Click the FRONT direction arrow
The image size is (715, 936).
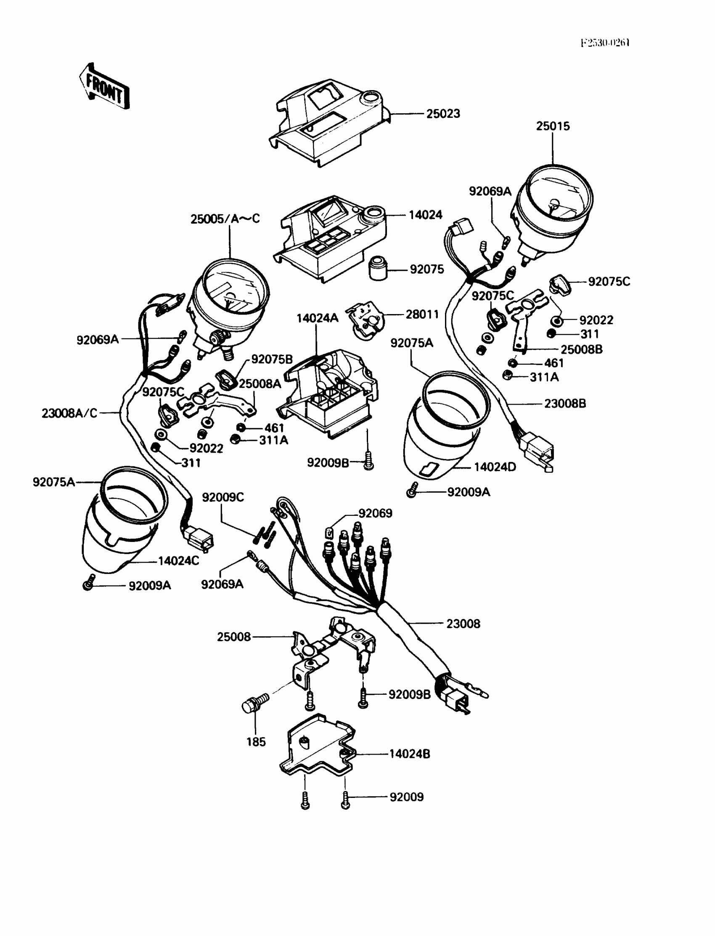(104, 87)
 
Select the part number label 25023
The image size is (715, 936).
(443, 114)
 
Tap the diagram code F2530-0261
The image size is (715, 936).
(605, 43)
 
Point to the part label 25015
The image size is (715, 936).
(552, 126)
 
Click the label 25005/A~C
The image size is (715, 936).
(225, 219)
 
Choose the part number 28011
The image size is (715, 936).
(422, 315)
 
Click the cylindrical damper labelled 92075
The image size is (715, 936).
(378, 269)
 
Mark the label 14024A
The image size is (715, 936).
(317, 318)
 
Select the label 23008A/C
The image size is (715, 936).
(69, 413)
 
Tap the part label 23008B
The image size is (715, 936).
(565, 403)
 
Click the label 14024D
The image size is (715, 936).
(495, 467)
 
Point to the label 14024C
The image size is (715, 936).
(178, 561)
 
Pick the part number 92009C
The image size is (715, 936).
(222, 497)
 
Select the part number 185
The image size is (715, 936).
(256, 742)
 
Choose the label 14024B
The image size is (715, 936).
(409, 754)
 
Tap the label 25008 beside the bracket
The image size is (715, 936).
(234, 637)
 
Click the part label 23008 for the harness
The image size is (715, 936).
(463, 624)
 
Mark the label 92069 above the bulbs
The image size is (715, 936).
(375, 513)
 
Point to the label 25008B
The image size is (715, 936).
(581, 349)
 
